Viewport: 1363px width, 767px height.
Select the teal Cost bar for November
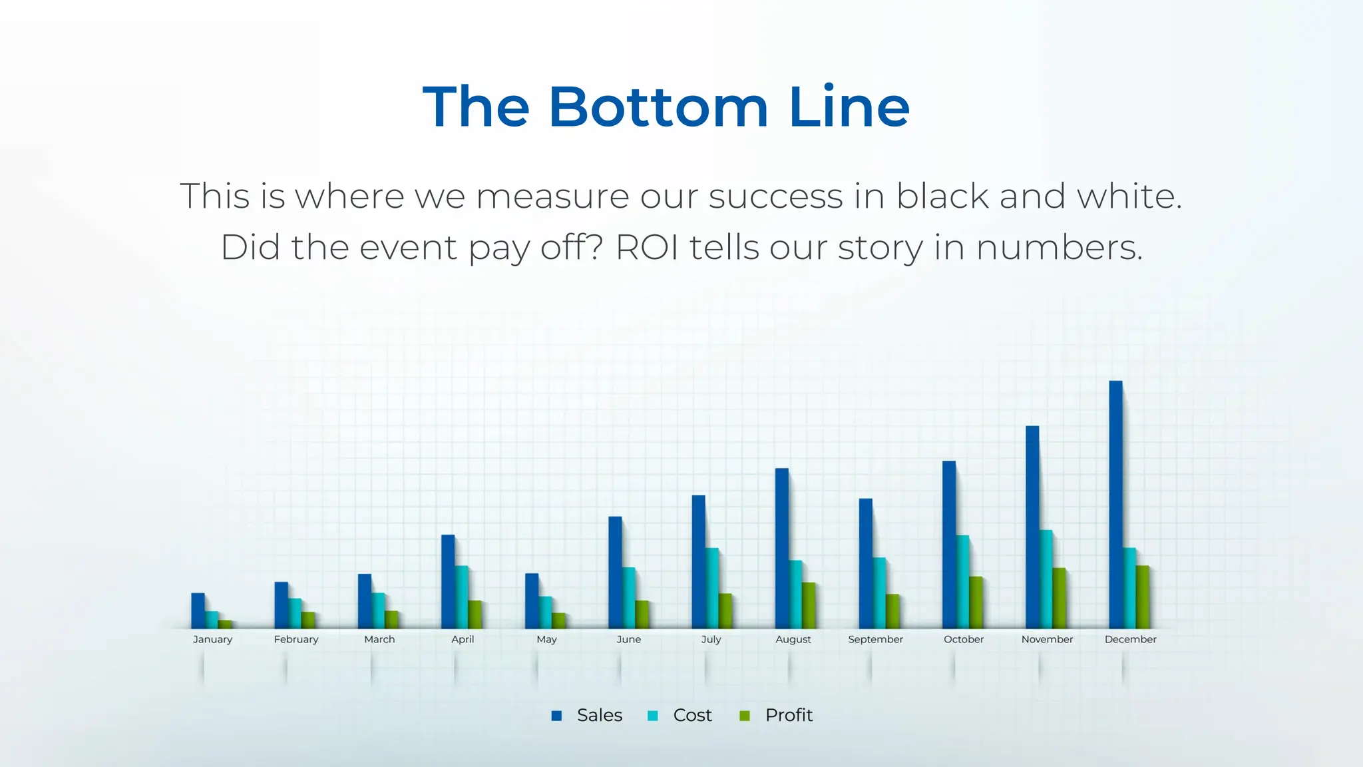tap(1046, 579)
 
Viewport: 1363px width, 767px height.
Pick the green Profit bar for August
tap(809, 605)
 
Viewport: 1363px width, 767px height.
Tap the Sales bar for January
tap(198, 611)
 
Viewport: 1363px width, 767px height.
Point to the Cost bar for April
tap(462, 597)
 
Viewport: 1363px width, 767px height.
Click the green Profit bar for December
tap(1143, 597)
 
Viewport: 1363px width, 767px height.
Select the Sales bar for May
tap(532, 601)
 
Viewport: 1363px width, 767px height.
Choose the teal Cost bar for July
tap(712, 588)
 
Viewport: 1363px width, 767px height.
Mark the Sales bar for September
tap(865, 563)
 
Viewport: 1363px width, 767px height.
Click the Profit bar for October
tap(976, 603)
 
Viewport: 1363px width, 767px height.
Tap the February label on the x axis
tap(296, 639)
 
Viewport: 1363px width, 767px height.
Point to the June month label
tap(628, 639)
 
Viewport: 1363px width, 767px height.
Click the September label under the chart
tap(875, 639)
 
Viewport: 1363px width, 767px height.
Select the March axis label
tap(379, 639)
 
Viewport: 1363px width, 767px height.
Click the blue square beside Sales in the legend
tap(557, 716)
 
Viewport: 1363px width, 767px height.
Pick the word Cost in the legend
tap(692, 715)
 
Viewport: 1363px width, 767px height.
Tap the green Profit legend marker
tap(745, 716)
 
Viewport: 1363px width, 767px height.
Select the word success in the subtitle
tap(775, 196)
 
